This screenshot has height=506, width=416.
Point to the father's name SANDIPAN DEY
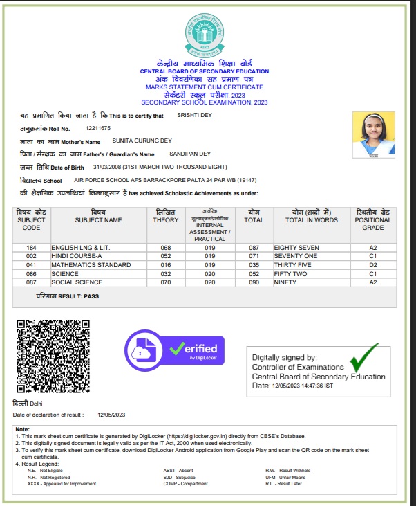click(191, 154)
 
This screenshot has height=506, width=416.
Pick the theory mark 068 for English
click(165, 247)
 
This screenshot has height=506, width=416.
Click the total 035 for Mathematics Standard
click(254, 265)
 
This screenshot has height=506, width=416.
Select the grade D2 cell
click(372, 265)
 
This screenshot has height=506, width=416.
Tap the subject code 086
click(31, 274)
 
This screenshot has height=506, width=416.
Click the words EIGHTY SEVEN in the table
click(296, 247)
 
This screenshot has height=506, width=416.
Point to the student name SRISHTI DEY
click(194, 115)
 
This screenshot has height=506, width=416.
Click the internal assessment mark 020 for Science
click(210, 274)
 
